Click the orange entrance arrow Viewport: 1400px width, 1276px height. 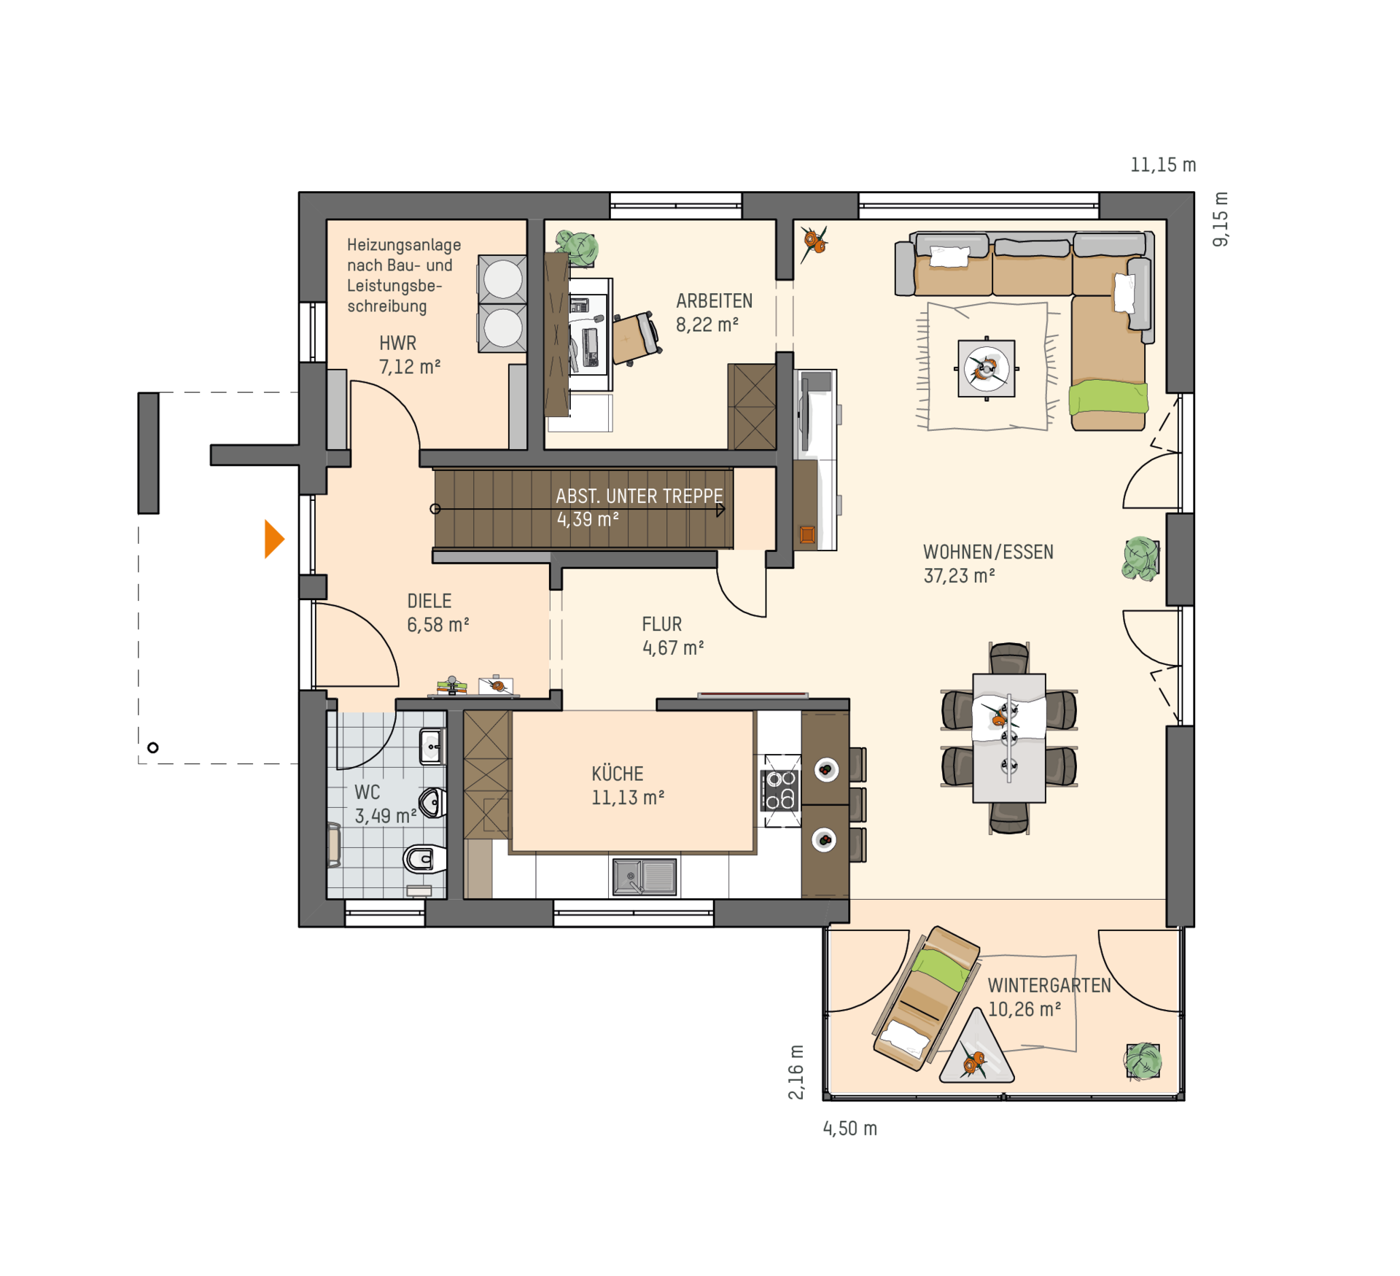[273, 539]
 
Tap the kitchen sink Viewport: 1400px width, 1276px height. [644, 876]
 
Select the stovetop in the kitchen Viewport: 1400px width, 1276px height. [780, 790]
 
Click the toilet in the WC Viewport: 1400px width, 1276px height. [424, 859]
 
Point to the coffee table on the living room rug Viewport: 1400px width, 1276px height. [986, 369]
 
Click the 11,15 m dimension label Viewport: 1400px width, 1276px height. [1163, 165]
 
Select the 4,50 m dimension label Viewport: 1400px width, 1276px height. [849, 1129]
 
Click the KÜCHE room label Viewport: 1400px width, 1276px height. [617, 774]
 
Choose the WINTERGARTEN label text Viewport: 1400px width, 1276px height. [1049, 986]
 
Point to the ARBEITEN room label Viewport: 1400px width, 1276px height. [714, 301]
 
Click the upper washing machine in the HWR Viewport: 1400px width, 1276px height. [502, 279]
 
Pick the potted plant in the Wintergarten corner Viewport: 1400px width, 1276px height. [1143, 1061]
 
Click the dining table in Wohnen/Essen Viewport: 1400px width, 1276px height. [1008, 738]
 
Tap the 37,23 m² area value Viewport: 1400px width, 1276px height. [959, 576]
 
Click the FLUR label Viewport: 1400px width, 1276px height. [661, 624]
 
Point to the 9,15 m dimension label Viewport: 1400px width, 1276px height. [1220, 219]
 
